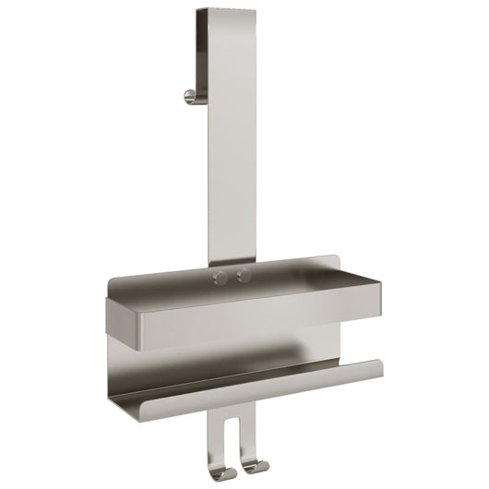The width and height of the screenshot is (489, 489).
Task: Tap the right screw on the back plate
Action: [x=244, y=276]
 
